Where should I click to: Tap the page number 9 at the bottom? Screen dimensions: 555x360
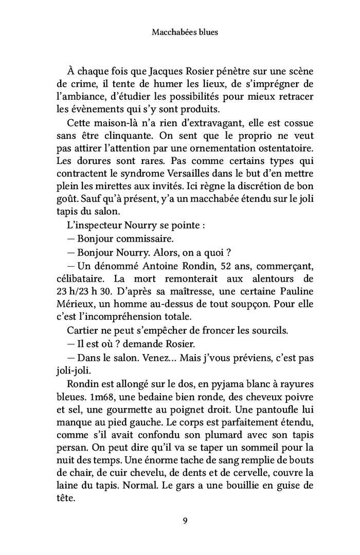[x=185, y=521]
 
